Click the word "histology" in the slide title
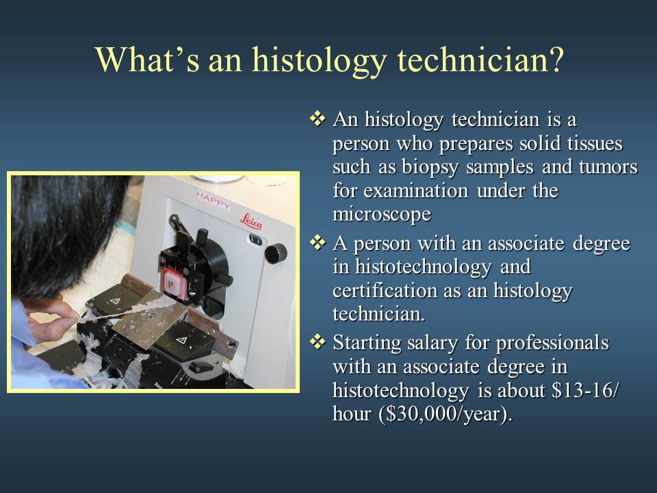coord(318,61)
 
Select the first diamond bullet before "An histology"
coord(318,118)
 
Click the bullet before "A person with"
coord(318,242)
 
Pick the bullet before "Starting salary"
coord(318,342)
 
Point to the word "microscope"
coord(382,214)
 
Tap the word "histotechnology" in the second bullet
coord(423,267)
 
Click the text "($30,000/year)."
coord(446,414)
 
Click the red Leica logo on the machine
coord(251,221)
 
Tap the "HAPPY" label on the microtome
coord(214,200)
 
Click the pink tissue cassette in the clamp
coord(175,283)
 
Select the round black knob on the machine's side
coord(276,253)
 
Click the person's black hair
coord(63,231)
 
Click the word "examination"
coord(415,191)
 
